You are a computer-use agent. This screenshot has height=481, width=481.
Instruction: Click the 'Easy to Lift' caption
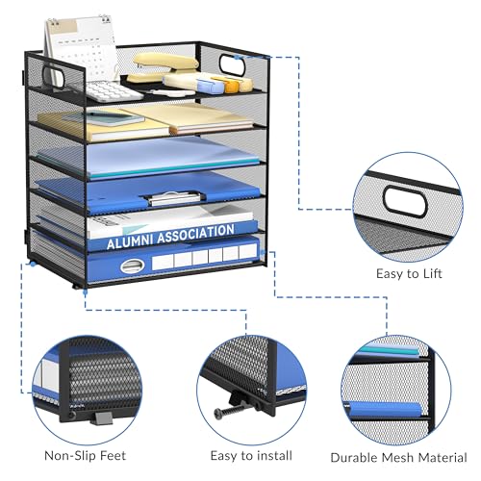409,274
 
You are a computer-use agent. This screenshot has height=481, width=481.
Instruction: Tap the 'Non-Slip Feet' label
85,455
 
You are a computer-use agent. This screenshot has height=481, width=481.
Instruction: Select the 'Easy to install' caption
251,455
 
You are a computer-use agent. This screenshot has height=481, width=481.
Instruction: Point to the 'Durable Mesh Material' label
398,457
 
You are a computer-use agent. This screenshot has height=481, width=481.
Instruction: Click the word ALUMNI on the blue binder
130,241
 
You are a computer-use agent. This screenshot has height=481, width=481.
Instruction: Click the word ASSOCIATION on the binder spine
196,234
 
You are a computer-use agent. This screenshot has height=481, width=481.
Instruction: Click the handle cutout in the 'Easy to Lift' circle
405,202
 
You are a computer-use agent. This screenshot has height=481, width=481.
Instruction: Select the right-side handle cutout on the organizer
232,65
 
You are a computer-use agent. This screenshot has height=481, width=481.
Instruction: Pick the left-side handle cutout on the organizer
53,76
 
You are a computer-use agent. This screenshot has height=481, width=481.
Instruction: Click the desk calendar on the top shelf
81,48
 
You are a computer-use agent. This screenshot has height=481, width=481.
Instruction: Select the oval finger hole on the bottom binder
132,266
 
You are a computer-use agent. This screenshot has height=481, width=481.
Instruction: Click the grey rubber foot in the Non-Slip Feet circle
103,418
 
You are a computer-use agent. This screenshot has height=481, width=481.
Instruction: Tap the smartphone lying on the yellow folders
104,118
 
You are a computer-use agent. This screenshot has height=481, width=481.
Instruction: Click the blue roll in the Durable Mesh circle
384,409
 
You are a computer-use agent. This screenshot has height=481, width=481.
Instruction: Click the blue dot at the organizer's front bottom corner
85,291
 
